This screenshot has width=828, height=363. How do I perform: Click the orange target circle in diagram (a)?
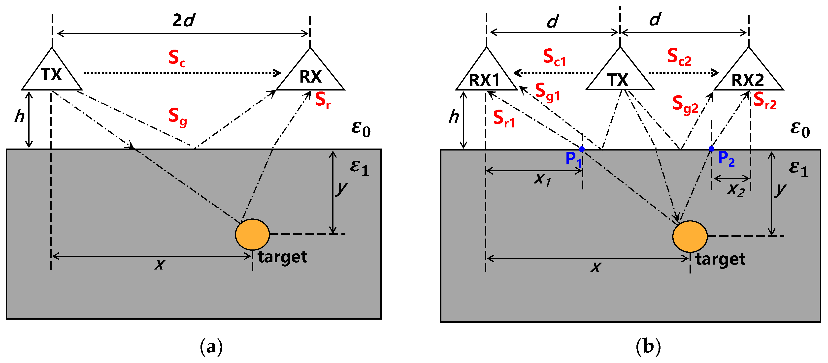point(252,235)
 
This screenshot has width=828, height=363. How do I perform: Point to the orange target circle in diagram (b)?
point(690,237)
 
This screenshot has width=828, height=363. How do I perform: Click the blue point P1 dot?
point(582,149)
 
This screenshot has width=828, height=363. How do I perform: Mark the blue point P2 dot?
point(711,149)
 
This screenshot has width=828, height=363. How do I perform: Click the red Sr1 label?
point(504,119)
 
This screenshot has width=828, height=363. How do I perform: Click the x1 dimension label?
point(543,180)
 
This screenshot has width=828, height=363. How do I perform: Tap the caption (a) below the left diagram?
point(211,347)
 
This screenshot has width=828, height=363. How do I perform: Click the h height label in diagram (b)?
point(454,116)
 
